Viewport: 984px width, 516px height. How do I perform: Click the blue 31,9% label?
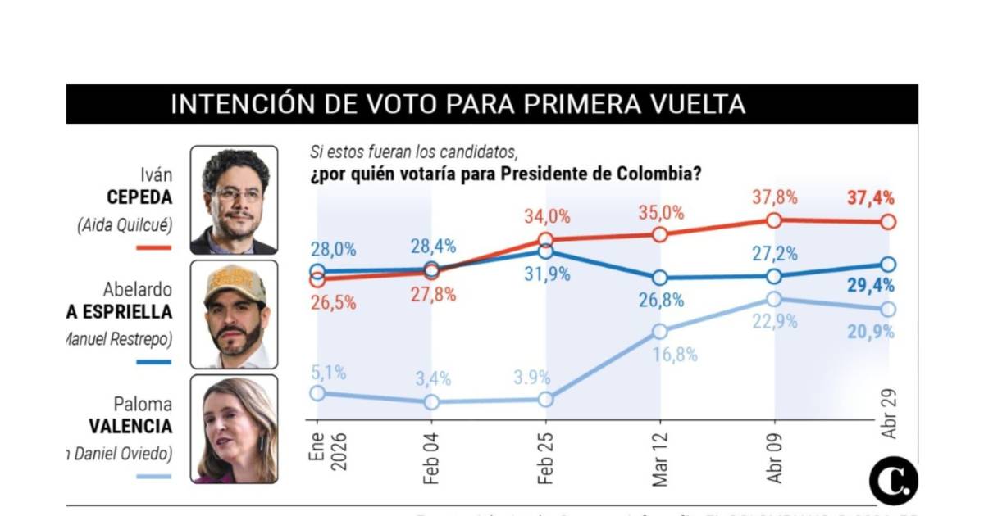548,274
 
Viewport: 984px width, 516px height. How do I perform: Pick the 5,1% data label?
330,373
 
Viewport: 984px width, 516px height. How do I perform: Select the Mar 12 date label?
660,455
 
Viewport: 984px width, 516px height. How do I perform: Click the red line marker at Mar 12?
660,234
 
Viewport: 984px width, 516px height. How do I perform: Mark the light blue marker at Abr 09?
774,299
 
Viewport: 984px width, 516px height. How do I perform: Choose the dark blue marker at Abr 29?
889,265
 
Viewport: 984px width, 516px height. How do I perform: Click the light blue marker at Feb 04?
431,402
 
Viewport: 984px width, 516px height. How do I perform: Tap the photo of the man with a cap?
234,315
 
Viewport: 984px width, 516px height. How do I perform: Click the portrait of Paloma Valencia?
234,429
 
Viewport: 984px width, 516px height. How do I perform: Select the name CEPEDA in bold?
139,198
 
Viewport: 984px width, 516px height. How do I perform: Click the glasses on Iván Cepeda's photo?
237,194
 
